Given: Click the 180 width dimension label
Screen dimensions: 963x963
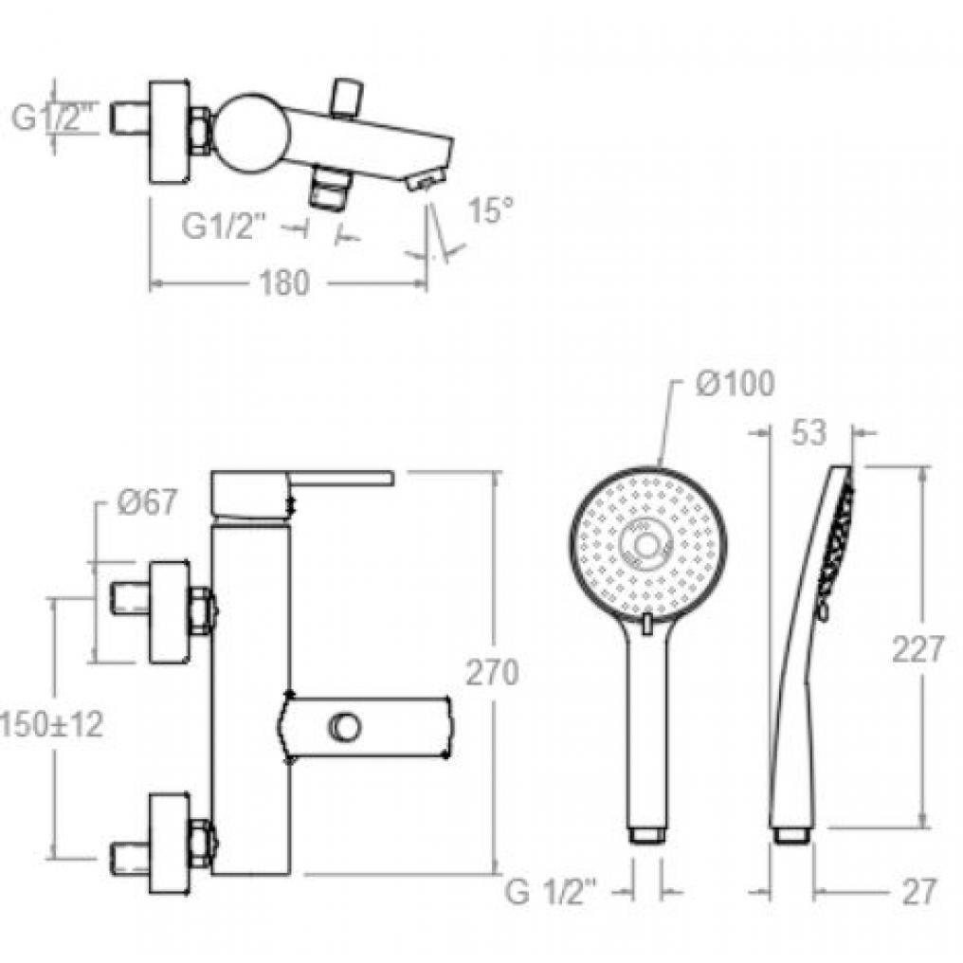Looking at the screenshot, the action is (x=284, y=283).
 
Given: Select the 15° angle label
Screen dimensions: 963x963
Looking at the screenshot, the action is (x=490, y=209).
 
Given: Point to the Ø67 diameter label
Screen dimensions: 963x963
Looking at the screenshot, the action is (x=146, y=501).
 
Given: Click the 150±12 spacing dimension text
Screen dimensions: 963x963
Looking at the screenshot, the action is (x=51, y=725).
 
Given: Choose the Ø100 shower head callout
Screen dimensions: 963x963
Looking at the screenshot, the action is (x=736, y=384).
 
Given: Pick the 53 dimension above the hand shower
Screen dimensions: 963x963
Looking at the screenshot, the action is (x=809, y=432).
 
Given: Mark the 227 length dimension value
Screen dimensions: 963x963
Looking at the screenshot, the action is (x=918, y=649).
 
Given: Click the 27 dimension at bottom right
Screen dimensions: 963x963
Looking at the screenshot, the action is (x=918, y=892).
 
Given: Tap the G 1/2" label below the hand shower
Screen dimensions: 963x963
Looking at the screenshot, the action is (x=551, y=892).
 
